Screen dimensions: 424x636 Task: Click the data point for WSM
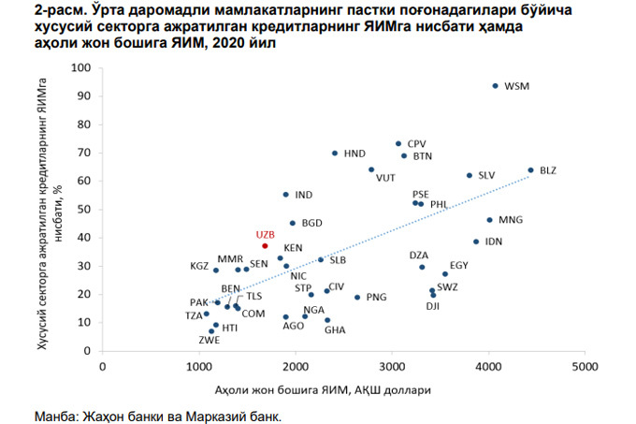tap(496, 85)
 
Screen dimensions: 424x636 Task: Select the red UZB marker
tap(266, 246)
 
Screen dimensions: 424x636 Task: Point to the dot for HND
tap(335, 153)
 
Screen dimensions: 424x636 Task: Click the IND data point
tap(286, 195)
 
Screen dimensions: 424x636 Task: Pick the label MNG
tap(512, 220)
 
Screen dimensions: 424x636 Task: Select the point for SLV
tap(470, 175)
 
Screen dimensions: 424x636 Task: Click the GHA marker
tap(327, 320)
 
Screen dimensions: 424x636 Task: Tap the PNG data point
tap(357, 297)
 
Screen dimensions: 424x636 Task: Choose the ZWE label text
tap(210, 341)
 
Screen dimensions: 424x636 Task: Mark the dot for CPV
tap(398, 144)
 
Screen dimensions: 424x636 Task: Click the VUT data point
tap(371, 169)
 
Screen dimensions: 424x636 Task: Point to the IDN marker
tap(476, 241)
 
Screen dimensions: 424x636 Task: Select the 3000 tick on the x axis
tap(392, 367)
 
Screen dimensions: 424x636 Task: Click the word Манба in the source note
tap(54, 414)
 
